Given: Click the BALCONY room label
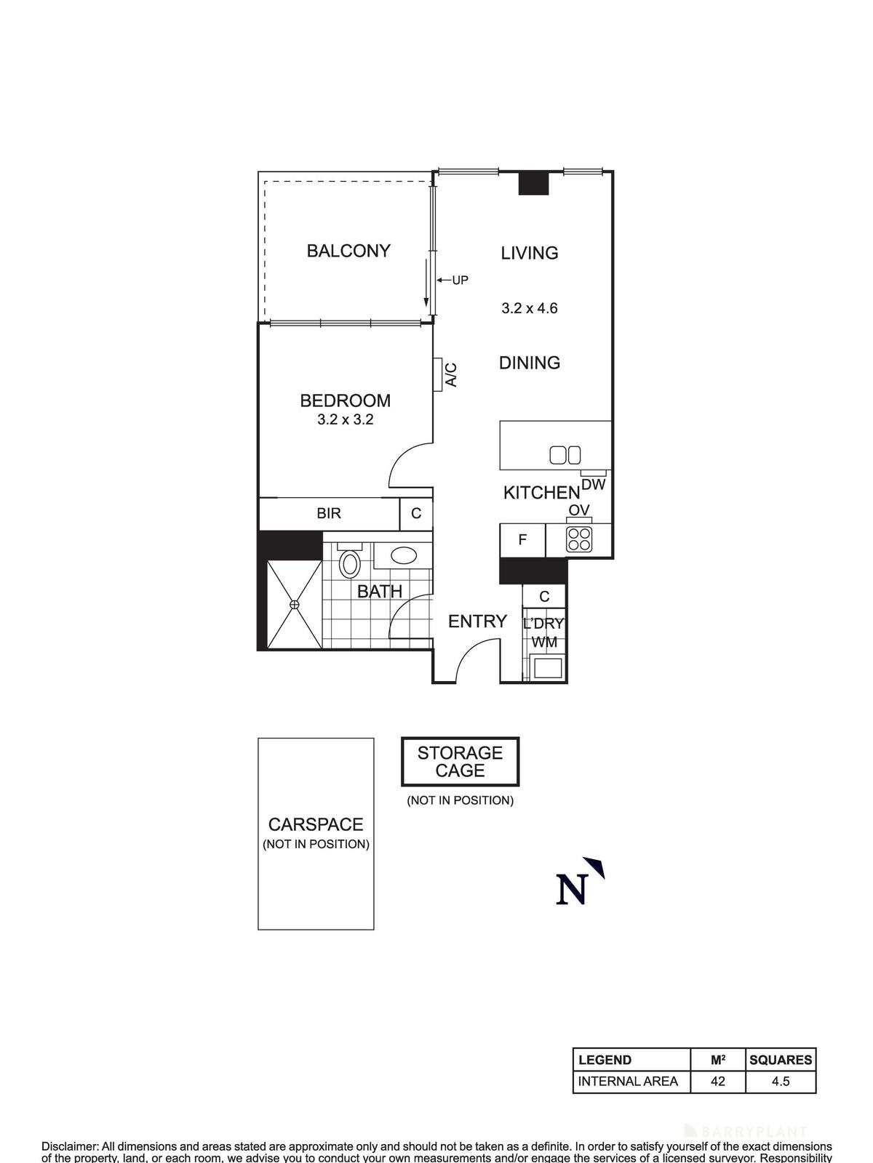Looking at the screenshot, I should coord(348,251).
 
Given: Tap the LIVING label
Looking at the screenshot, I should coord(530,253).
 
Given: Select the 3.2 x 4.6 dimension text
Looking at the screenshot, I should coord(530,308).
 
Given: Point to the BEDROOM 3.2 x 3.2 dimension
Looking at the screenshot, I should coord(346,419).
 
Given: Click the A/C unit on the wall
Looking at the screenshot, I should coord(438,374).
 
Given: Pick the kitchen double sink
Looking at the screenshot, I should coord(565,455).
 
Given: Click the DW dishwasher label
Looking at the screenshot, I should coord(594,483).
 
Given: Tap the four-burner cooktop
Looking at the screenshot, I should coord(579,539).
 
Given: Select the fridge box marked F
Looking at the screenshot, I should coord(522,540).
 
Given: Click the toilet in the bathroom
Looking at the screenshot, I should coord(351,564).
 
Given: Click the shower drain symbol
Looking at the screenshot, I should coord(295,605).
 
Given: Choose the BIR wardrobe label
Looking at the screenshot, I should coord(329,514).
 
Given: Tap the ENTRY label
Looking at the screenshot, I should coord(477,621).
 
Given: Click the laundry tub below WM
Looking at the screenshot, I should coord(546,667).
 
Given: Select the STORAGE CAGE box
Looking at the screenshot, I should coord(461,762).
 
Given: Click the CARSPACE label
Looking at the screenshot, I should coord(316,825).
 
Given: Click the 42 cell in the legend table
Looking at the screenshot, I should coord(718,1081).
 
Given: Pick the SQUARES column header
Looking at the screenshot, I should coord(781,1060).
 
